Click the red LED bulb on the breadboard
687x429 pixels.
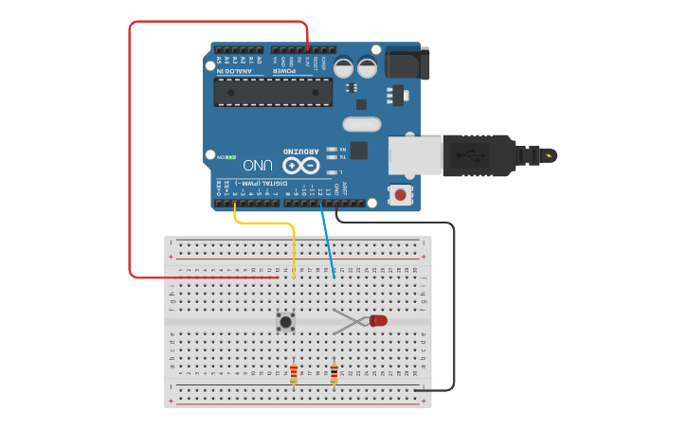point(379,321)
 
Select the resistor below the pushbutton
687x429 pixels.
point(294,374)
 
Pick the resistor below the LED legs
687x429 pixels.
point(334,374)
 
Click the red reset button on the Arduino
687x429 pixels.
point(401,195)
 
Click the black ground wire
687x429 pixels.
point(453,303)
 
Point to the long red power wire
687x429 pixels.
point(130,152)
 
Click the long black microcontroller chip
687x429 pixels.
point(273,92)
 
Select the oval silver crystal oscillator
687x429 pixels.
point(361,124)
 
